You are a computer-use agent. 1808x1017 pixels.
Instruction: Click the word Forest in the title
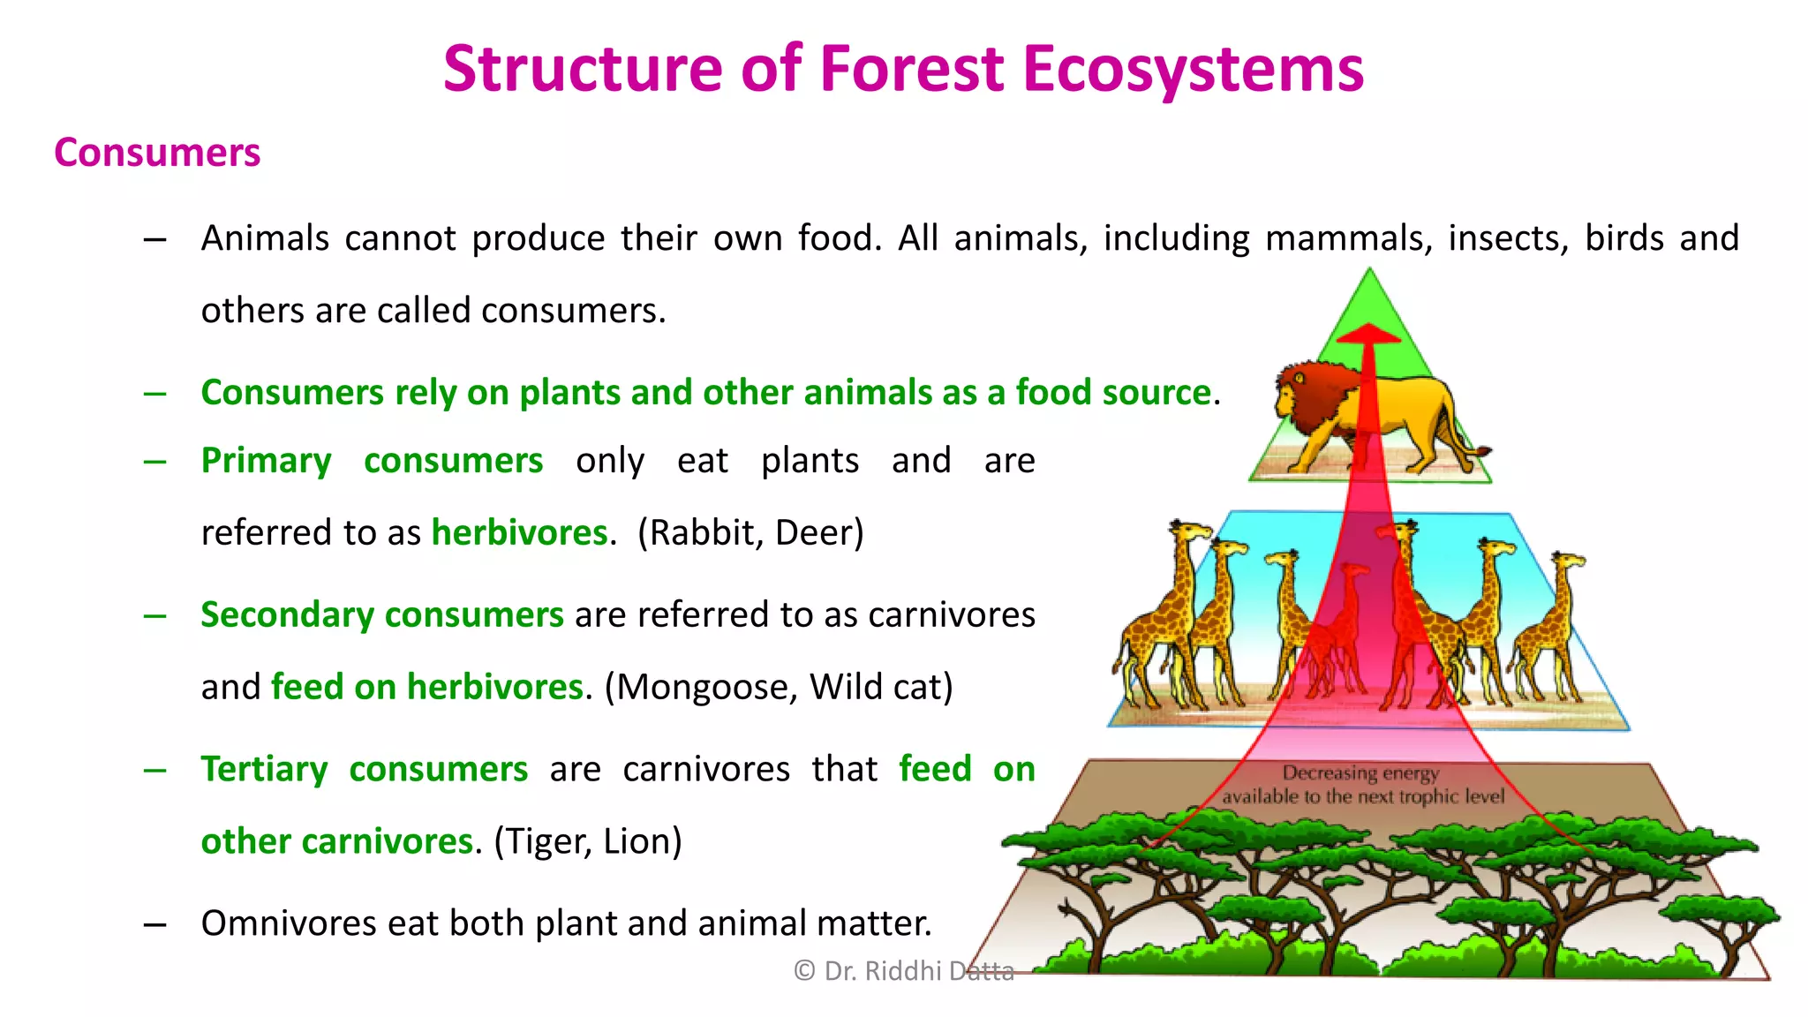(912, 69)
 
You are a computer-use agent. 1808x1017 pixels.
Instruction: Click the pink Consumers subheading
(157, 153)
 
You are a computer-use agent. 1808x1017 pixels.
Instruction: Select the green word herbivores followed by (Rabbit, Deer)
(519, 532)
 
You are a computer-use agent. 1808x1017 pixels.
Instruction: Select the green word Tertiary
(264, 769)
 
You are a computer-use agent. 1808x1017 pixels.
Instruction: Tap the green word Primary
(266, 461)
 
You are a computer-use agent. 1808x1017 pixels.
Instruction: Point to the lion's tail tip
(1486, 452)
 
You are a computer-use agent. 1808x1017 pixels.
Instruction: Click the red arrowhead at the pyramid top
(1368, 335)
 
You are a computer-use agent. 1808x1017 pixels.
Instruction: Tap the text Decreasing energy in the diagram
(1360, 773)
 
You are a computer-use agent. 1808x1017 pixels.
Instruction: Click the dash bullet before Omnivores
(155, 924)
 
